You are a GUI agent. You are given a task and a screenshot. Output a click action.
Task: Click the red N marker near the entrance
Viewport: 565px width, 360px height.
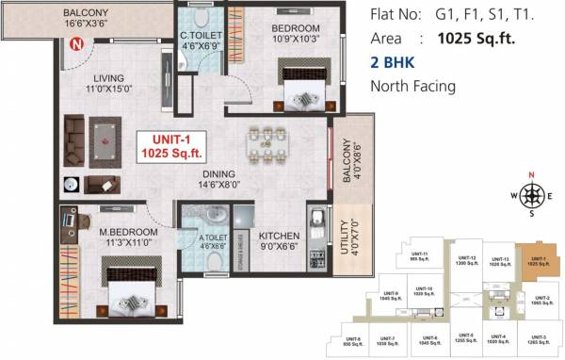(75, 41)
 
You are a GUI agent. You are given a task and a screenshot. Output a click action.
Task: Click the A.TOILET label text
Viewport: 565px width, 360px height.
(213, 242)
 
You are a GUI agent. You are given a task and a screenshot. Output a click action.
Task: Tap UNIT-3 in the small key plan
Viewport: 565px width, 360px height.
(537, 339)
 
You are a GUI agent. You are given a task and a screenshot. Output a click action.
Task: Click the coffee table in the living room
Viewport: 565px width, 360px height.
(106, 140)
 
